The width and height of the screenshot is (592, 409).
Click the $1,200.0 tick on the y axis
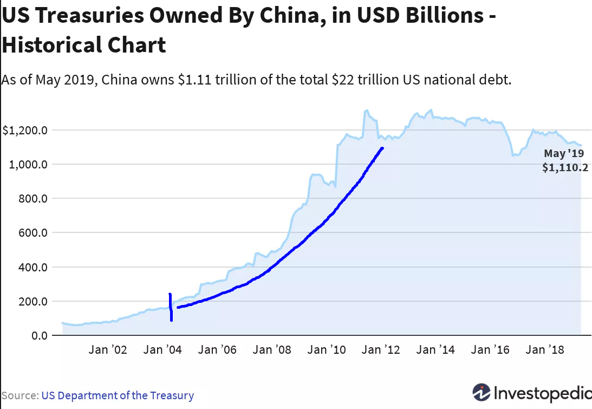tap(25, 130)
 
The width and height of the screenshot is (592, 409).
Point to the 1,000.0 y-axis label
tap(29, 164)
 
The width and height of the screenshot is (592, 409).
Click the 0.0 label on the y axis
tap(39, 335)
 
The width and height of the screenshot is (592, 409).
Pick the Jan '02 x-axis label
tap(108, 350)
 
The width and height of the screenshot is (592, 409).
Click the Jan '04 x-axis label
tap(162, 350)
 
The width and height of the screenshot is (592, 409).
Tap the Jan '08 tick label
tap(272, 350)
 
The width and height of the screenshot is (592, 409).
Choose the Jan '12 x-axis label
tap(381, 350)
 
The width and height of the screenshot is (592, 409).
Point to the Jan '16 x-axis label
tap(490, 350)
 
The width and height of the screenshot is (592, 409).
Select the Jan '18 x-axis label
tap(545, 350)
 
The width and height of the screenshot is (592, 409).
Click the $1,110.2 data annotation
tap(565, 168)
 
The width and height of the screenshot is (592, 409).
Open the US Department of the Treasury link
tap(118, 395)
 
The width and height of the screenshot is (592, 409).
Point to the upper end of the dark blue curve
tap(382, 148)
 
